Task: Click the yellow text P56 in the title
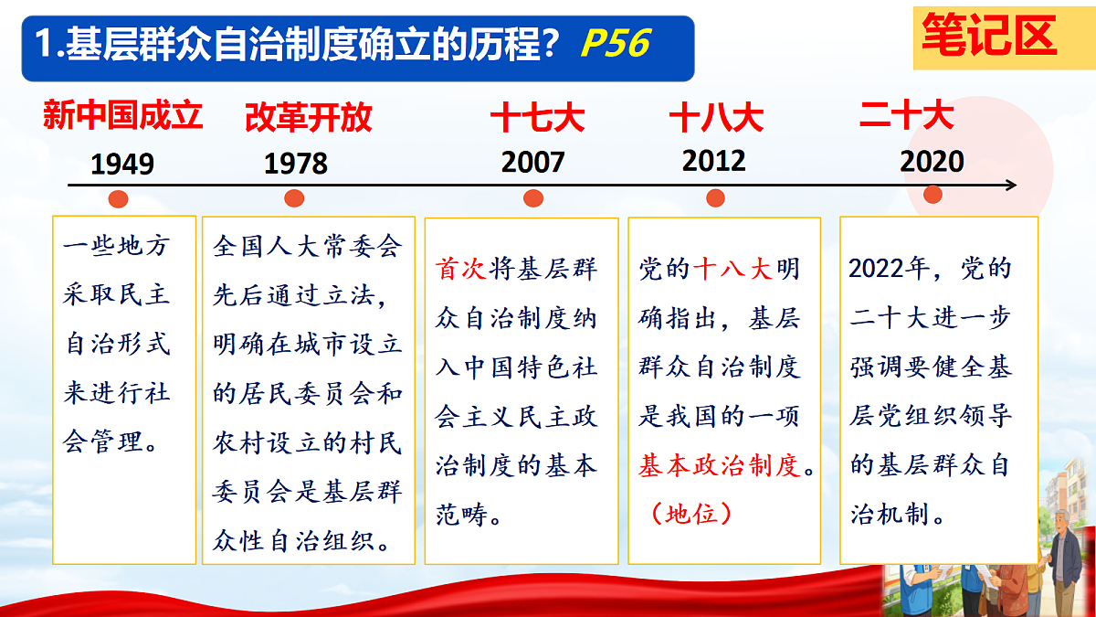click(x=615, y=43)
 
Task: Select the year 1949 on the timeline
click(x=122, y=165)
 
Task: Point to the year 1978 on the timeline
click(x=296, y=164)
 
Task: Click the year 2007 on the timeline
click(x=533, y=163)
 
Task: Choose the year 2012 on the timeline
click(x=714, y=161)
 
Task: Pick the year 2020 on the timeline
click(x=933, y=162)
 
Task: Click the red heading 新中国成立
click(x=122, y=116)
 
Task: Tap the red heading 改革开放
click(x=309, y=118)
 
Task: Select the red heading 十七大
click(x=537, y=118)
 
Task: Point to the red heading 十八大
click(x=716, y=118)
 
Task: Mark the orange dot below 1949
click(x=118, y=199)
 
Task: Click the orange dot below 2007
click(x=533, y=198)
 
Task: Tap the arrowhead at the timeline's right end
click(x=1011, y=186)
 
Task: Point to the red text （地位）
click(x=692, y=515)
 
